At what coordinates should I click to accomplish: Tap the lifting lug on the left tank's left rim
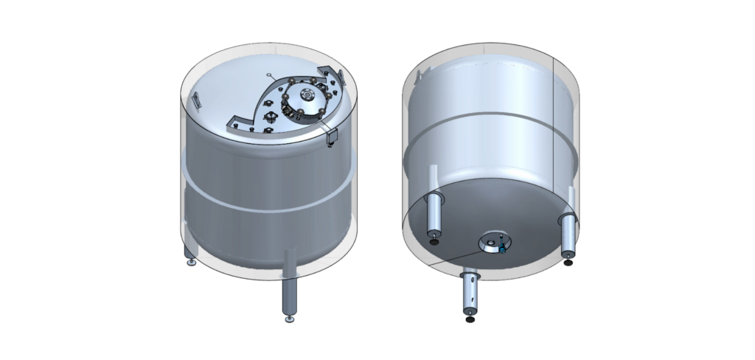coord(197,100)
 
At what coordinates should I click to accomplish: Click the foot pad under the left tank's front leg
coord(288,319)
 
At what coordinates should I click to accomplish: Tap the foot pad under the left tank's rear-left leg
coord(191,261)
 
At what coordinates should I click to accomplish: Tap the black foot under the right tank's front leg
coord(470,319)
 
